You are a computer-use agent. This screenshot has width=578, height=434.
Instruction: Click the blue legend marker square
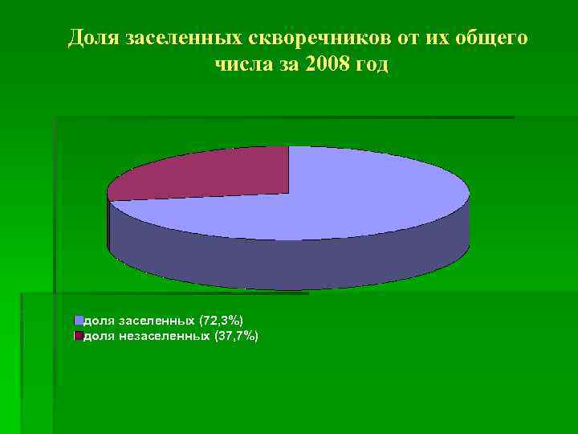(x=79, y=320)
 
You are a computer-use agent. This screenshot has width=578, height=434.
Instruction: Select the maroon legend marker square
(x=79, y=335)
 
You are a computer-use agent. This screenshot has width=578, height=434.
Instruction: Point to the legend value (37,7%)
(x=236, y=335)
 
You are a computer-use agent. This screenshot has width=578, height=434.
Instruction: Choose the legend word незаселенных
(x=165, y=335)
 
